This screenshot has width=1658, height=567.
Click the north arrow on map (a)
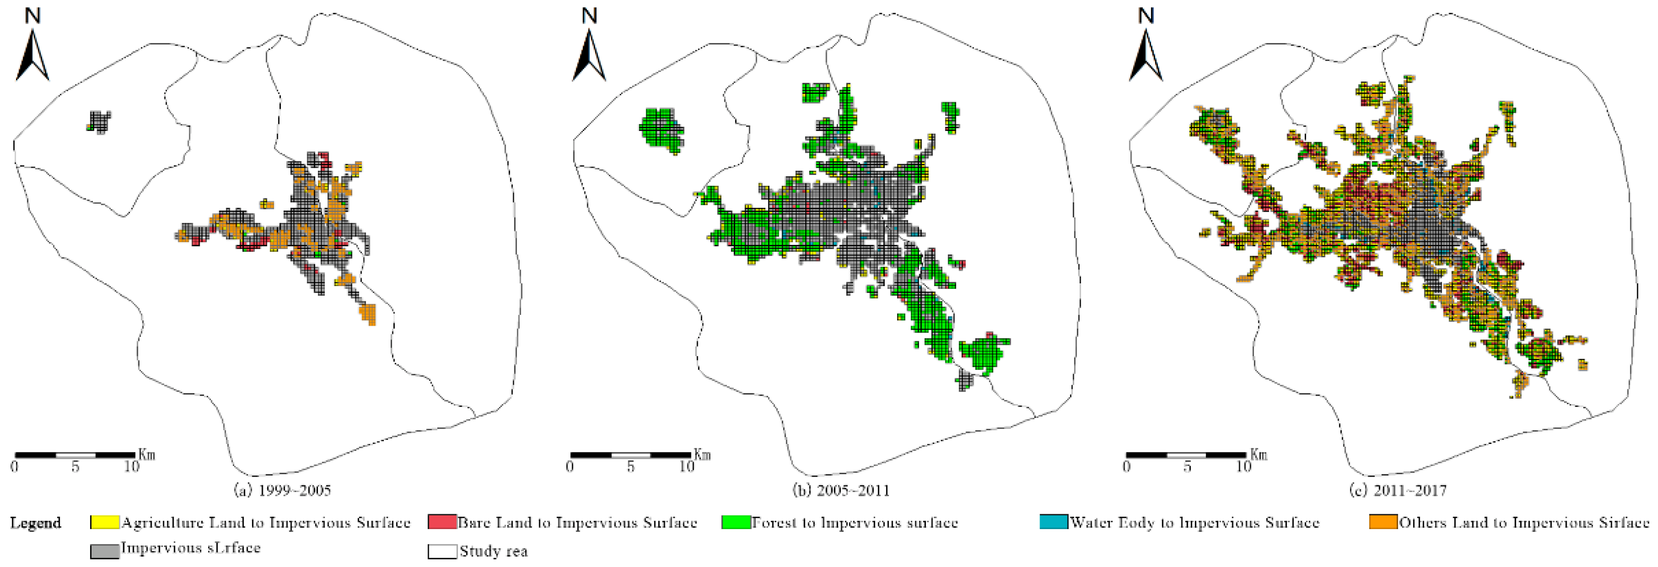click(32, 55)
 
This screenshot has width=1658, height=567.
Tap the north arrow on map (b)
click(589, 55)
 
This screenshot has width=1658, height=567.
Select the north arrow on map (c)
click(1146, 55)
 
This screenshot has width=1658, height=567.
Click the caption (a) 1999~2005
click(282, 490)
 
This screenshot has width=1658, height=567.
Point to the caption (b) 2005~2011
click(841, 490)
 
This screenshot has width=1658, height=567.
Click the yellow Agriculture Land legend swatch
click(104, 522)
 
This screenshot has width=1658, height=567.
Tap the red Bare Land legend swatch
click(442, 522)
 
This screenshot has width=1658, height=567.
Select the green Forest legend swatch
click(736, 522)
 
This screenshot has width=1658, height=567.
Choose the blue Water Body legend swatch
click(1054, 522)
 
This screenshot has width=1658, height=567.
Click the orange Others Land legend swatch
click(1383, 522)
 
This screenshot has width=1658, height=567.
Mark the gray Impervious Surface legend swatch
click(104, 550)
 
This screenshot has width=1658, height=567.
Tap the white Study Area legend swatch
click(442, 551)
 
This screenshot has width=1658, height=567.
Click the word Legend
click(36, 523)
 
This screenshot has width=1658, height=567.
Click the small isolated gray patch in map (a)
click(99, 121)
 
